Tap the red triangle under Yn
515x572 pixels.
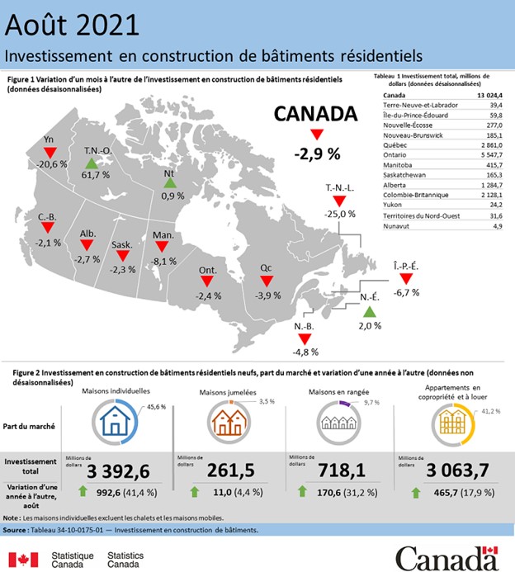[x=50, y=154]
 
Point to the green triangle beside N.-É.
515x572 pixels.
[x=369, y=312]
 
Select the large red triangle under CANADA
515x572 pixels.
[x=317, y=135]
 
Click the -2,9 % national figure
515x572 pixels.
[x=317, y=154]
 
